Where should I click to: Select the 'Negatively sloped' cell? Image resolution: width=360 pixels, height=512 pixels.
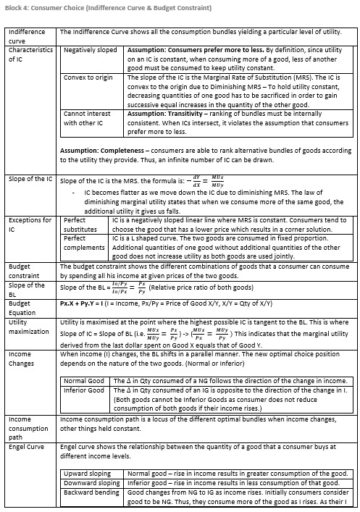90,52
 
